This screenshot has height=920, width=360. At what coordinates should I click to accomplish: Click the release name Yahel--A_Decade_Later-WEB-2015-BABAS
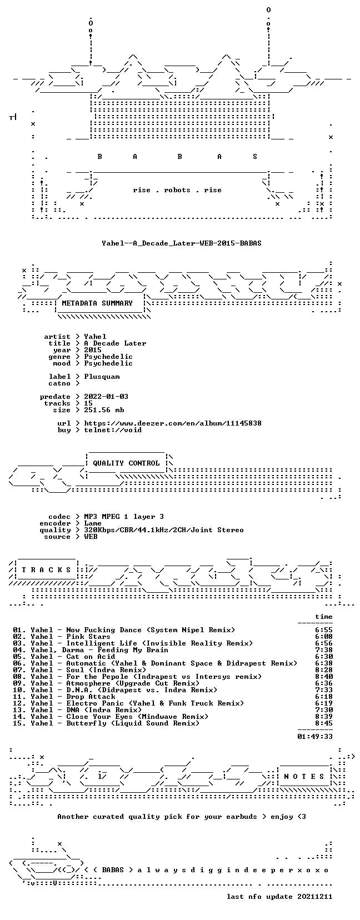[x=182, y=243]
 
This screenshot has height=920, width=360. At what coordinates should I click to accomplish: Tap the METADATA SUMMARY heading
[x=97, y=303]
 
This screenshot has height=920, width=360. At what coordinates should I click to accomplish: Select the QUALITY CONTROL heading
[x=126, y=463]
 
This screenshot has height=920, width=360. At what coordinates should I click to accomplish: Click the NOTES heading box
[x=304, y=776]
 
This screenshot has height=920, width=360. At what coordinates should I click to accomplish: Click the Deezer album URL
[x=173, y=423]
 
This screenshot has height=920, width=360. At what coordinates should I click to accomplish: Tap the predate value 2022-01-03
[x=106, y=396]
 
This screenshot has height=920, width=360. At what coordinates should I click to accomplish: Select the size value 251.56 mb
[x=104, y=410]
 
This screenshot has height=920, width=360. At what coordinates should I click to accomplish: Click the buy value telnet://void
[x=113, y=430]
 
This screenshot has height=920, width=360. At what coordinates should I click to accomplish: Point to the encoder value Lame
[x=93, y=523]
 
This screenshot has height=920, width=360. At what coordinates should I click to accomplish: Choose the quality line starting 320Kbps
[x=164, y=530]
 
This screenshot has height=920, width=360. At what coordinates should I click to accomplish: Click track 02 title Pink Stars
[x=88, y=637]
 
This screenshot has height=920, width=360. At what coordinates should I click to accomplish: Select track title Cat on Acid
[x=91, y=656]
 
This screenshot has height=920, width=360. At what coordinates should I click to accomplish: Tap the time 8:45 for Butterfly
[x=324, y=723]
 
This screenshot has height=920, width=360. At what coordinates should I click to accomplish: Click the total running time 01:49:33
[x=315, y=737]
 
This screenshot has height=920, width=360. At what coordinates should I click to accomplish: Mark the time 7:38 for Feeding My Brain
[x=324, y=650]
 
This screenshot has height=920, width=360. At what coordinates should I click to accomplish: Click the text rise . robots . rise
[x=177, y=190]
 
